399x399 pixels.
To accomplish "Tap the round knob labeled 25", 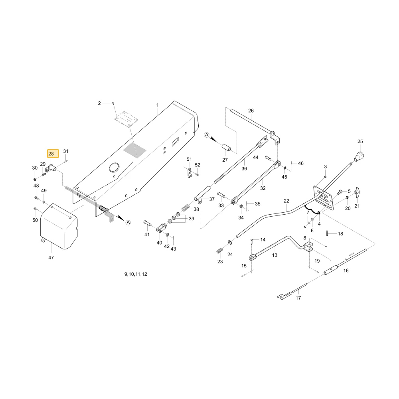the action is [359, 156].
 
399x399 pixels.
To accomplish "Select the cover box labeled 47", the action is [59, 226].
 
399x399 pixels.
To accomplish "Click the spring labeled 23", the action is [219, 251].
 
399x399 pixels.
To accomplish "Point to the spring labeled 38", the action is [186, 207].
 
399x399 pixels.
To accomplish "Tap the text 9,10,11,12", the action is [136, 274].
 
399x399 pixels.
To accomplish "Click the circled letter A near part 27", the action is [207, 135].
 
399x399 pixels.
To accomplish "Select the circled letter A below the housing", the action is [128, 222].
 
